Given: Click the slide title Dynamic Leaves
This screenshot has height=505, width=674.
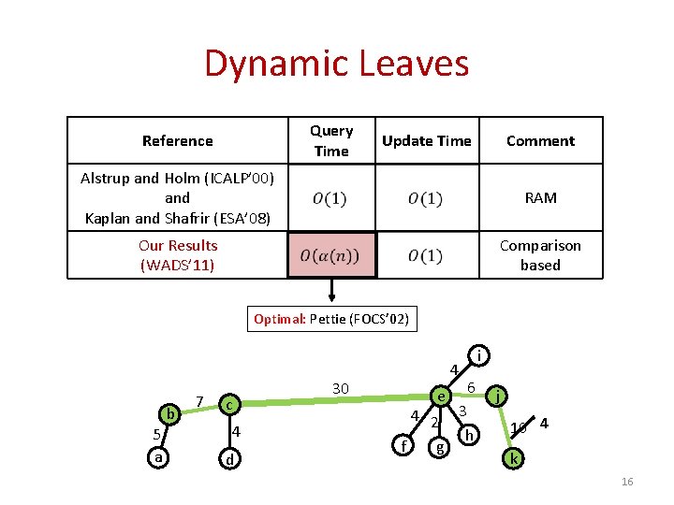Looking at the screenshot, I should point(336,64).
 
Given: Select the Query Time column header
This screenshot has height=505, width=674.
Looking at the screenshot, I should point(331,140).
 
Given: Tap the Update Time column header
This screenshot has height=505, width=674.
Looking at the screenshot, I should point(426,140).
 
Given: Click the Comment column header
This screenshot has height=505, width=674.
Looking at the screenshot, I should point(540,140).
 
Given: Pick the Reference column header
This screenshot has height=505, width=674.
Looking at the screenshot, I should point(178,140).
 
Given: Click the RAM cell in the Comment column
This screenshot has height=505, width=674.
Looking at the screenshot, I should point(540,197).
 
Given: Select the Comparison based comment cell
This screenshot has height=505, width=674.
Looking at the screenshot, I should point(540,254).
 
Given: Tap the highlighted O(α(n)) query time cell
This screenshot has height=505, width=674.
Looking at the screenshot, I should point(330,255).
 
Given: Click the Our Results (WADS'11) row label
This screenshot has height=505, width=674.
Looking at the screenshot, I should point(178,255).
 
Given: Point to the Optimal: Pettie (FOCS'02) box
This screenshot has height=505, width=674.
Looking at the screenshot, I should point(330,319).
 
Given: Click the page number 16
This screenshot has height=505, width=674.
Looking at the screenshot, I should point(626,481).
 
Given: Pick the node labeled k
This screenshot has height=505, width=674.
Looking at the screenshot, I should point(513,458).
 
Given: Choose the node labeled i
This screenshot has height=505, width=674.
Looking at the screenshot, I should point(478,355).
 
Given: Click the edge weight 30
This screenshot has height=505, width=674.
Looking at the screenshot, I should point(341,387).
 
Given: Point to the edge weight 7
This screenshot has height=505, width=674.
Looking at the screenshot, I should point(199,400).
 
